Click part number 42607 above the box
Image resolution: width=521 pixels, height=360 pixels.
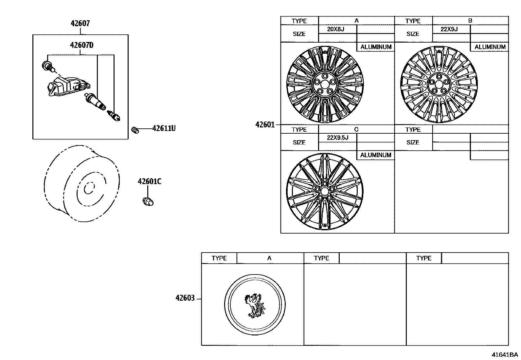click(80, 23)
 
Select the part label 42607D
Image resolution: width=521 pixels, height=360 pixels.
click(81, 45)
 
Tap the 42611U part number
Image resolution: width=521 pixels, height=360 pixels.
click(164, 128)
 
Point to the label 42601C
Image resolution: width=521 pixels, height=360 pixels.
click(150, 181)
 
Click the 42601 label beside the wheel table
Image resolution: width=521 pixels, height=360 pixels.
click(265, 125)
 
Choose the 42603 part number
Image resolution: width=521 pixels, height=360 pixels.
click(185, 298)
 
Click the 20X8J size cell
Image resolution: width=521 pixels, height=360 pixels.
click(335, 29)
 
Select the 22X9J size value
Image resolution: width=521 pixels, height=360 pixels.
click(449, 29)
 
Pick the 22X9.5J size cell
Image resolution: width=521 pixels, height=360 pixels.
click(338, 138)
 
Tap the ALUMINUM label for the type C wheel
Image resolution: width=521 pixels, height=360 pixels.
click(376, 155)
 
